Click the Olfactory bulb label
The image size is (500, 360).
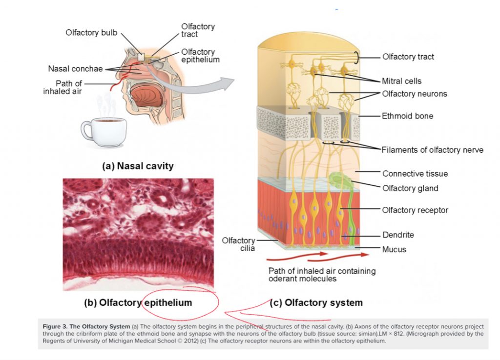coord(91,33)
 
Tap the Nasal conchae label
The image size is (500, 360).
coord(75,69)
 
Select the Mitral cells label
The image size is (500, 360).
coord(401,81)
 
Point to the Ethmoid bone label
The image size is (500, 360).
coord(408,116)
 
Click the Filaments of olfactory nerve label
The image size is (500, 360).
coord(433,150)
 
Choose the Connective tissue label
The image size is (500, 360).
coord(415,174)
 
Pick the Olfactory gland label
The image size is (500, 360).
coord(410,188)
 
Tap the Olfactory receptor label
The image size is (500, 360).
coord(415,210)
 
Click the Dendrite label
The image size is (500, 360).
coord(398,235)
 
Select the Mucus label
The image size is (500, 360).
coord(394,249)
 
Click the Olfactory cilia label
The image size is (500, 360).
coord(238,244)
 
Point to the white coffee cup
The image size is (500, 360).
coord(104,132)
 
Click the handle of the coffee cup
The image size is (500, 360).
coord(86,131)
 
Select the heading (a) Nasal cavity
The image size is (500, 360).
coord(138,166)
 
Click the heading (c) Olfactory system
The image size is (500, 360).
coord(316,302)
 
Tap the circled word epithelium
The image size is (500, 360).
coord(168,302)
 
